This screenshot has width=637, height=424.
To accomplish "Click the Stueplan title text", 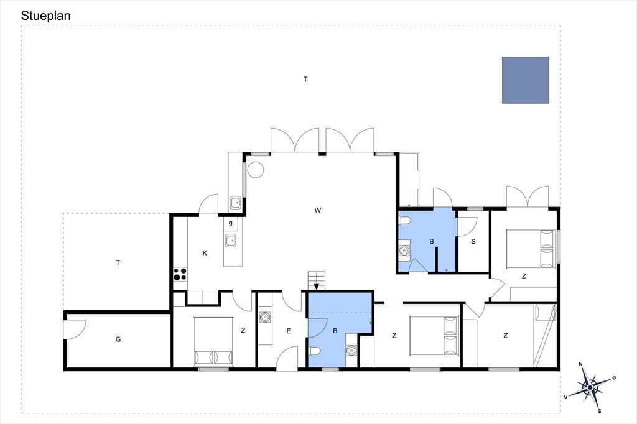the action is click(x=45, y=16).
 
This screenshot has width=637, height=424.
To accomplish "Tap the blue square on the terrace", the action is click(x=525, y=80).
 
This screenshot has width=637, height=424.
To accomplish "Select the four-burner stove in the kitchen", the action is click(x=180, y=274).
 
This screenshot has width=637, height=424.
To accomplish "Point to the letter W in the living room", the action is click(x=318, y=210).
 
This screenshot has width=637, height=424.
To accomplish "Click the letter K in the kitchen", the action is click(x=205, y=253).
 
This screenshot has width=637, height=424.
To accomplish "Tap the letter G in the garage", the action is click(x=118, y=339).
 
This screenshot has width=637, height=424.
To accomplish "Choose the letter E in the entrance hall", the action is click(x=289, y=331).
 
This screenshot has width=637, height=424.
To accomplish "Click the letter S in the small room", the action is click(x=473, y=242).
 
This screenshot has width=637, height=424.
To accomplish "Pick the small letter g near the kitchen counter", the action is click(x=230, y=223).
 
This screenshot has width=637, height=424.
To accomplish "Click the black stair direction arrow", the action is click(x=317, y=287).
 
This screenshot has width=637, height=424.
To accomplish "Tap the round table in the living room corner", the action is click(x=256, y=170).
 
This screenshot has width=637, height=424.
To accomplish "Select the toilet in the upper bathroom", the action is click(x=404, y=221).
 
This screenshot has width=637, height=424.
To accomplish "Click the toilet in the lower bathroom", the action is click(x=315, y=351).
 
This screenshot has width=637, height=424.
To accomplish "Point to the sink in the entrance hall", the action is click(x=265, y=316).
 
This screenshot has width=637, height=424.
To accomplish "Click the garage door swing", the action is click(x=75, y=328).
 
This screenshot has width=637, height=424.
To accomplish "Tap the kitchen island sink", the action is click(x=231, y=241).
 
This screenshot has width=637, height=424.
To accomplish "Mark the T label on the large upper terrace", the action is click(x=305, y=80).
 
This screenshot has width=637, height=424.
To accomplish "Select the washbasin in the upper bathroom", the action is click(x=404, y=250).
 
